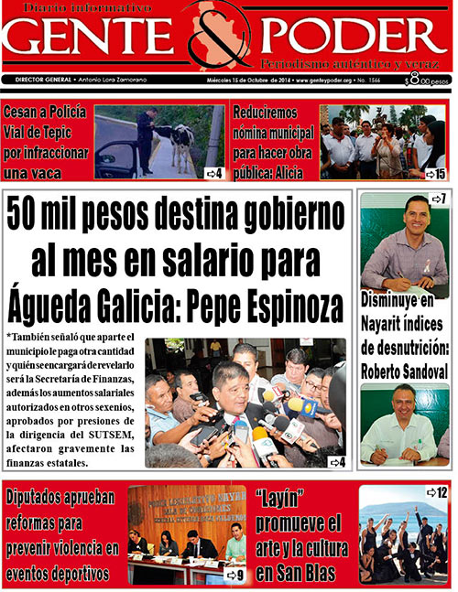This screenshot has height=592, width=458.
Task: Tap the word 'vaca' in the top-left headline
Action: click(68, 172)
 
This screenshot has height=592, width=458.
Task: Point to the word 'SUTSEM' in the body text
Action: click(104, 435)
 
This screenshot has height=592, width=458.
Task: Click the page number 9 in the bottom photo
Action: click(236, 576)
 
